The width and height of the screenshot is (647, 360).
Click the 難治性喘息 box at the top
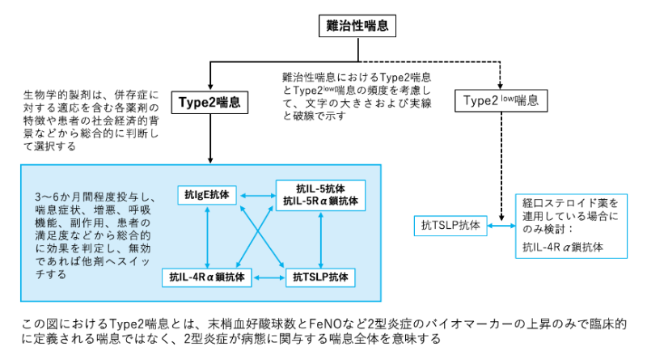pos(357,26)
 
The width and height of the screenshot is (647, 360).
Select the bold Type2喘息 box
pos(210,103)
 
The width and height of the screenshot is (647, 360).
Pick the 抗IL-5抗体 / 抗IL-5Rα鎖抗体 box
pos(321,194)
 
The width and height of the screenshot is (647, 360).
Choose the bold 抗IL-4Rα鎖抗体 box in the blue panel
pos(207,277)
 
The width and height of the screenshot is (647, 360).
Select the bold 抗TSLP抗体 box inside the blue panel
pos(321,277)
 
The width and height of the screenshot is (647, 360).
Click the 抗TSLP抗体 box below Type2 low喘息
pos(450,226)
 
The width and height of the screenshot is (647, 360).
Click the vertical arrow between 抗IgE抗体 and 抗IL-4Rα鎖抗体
pos(209,235)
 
